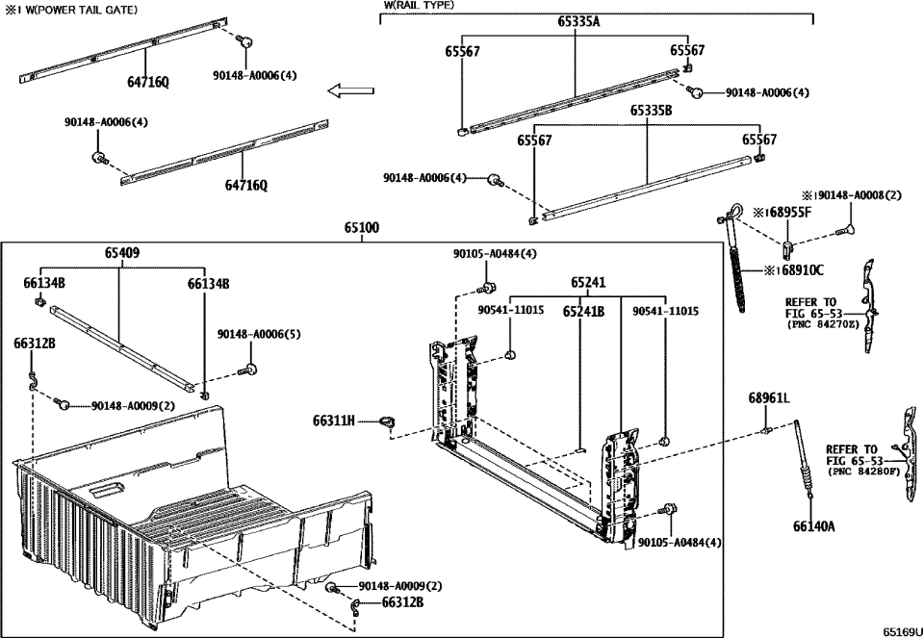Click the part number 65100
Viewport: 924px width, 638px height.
(x=362, y=229)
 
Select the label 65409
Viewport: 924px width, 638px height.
(x=121, y=254)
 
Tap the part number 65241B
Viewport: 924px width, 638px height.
(x=583, y=311)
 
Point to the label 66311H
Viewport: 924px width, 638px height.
(x=334, y=421)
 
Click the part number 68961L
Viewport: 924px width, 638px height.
(x=769, y=397)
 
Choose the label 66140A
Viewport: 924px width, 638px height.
(x=814, y=526)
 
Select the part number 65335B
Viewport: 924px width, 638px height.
(x=651, y=111)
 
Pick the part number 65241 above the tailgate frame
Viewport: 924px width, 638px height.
(x=588, y=283)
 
